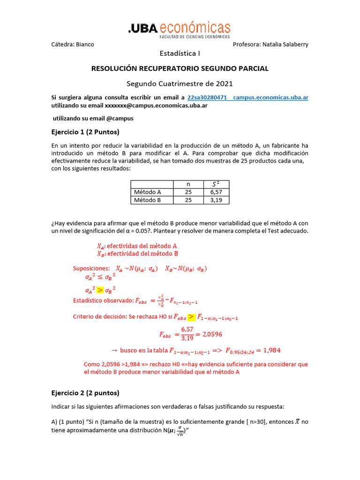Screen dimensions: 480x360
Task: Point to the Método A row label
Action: [148, 192]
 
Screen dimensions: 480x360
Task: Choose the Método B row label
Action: [148, 200]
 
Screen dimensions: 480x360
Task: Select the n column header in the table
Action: [188, 184]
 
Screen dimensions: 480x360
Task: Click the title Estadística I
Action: [180, 53]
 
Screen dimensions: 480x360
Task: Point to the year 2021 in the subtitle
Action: [224, 84]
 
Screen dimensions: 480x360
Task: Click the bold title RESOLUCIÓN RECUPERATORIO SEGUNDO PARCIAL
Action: [180, 68]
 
